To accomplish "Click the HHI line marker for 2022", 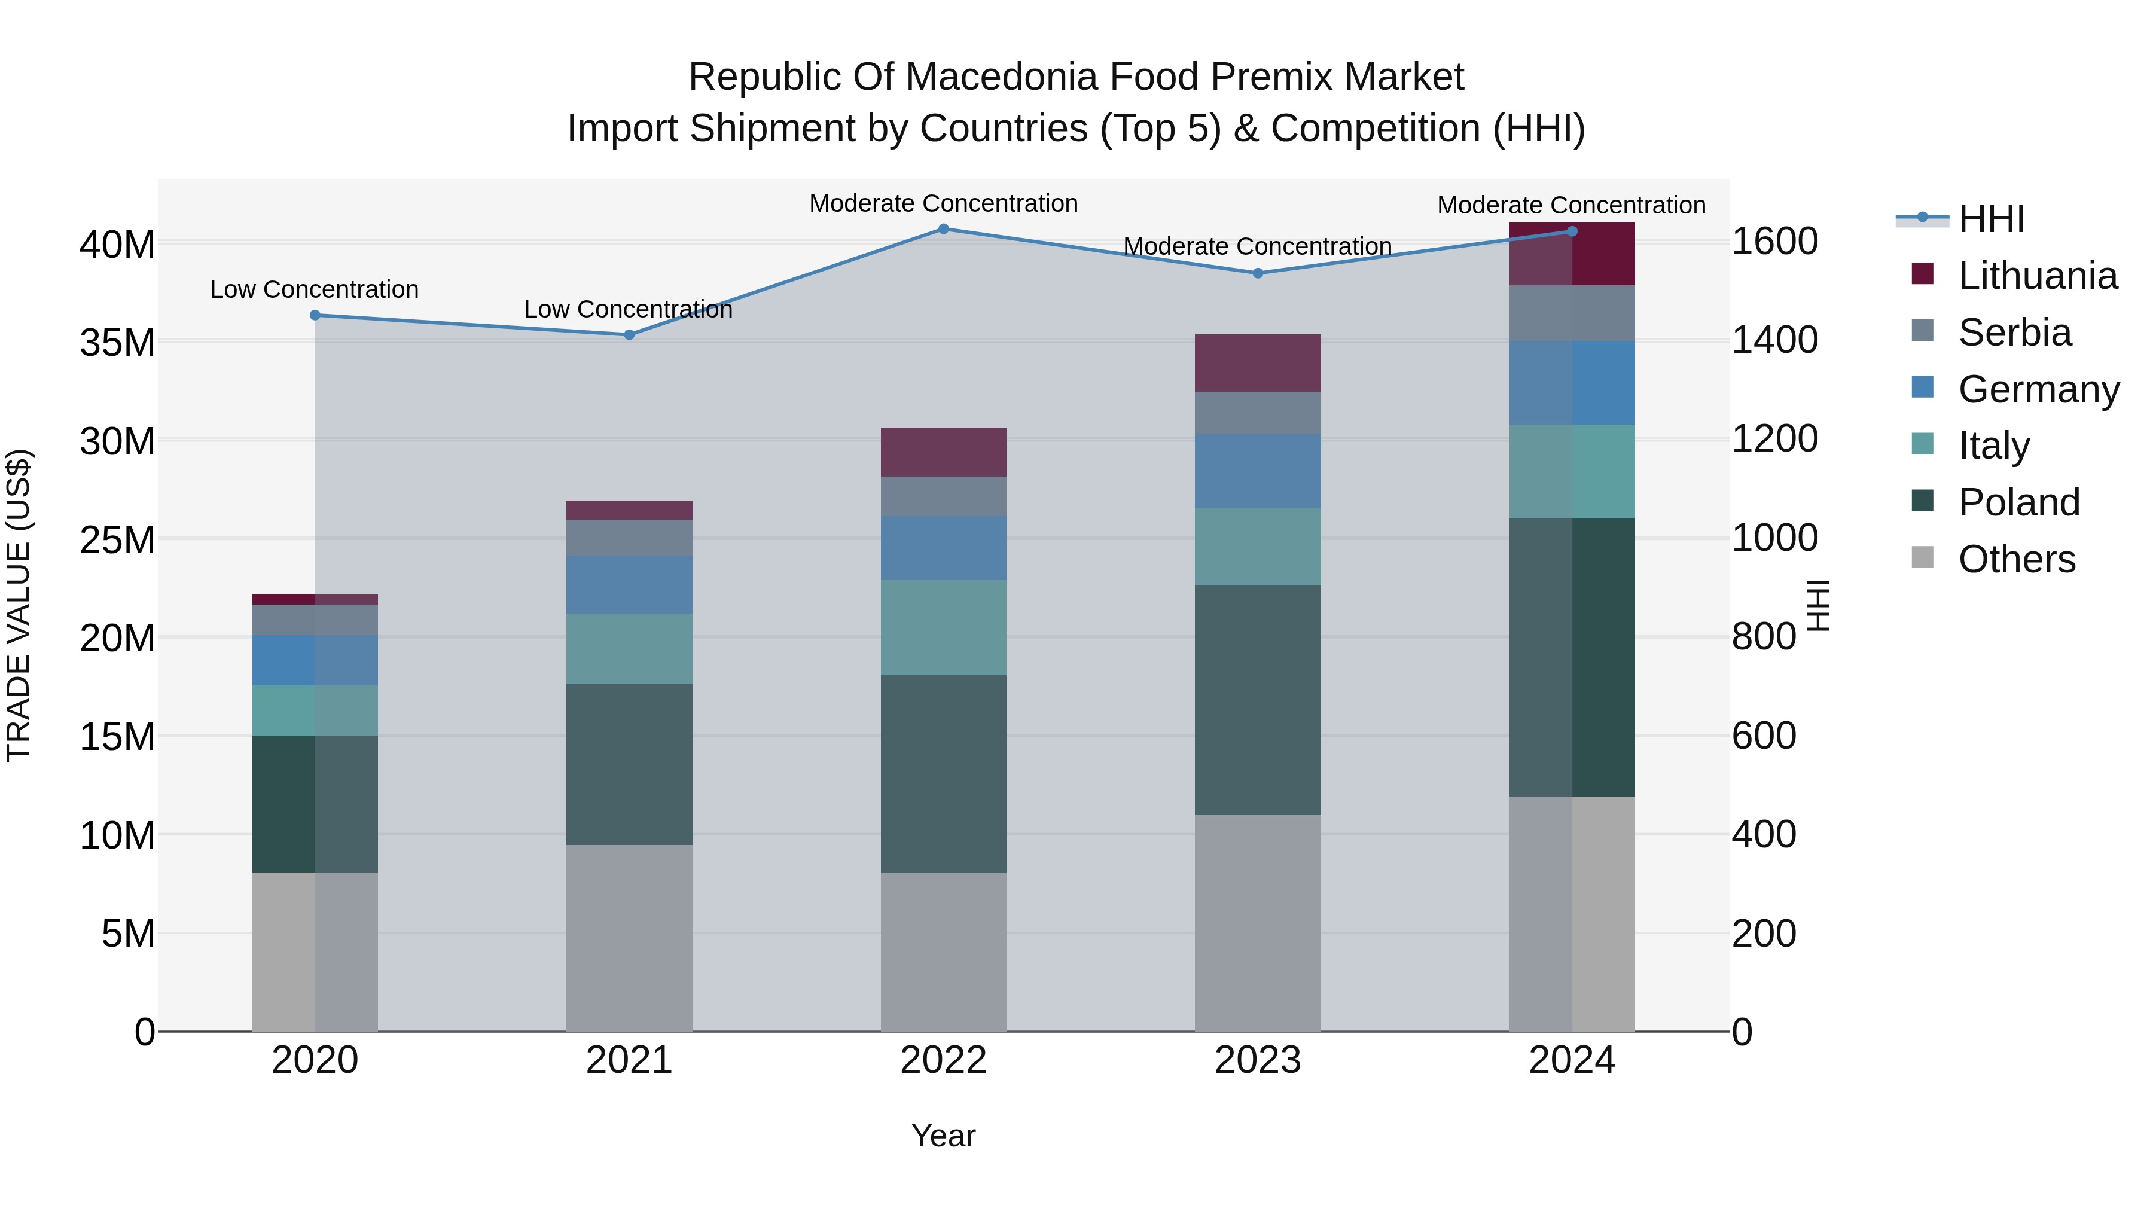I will [x=944, y=229].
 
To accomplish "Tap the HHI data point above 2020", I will [x=315, y=315].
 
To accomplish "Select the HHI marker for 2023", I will [x=1258, y=273].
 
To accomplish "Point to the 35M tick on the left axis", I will [x=117, y=343].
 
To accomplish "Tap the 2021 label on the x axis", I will [x=629, y=1060].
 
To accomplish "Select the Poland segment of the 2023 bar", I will [x=1258, y=700].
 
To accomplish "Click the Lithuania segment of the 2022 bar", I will [x=944, y=452].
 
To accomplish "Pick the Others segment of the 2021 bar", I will [x=629, y=938].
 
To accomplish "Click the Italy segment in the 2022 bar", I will [x=944, y=628].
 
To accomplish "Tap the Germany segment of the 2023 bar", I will [x=1258, y=471].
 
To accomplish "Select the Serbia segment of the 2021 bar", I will [x=629, y=538].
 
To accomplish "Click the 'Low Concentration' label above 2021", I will [x=628, y=309].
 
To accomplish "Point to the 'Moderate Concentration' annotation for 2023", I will [x=1257, y=246].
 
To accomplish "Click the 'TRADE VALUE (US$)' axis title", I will [x=19, y=605].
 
